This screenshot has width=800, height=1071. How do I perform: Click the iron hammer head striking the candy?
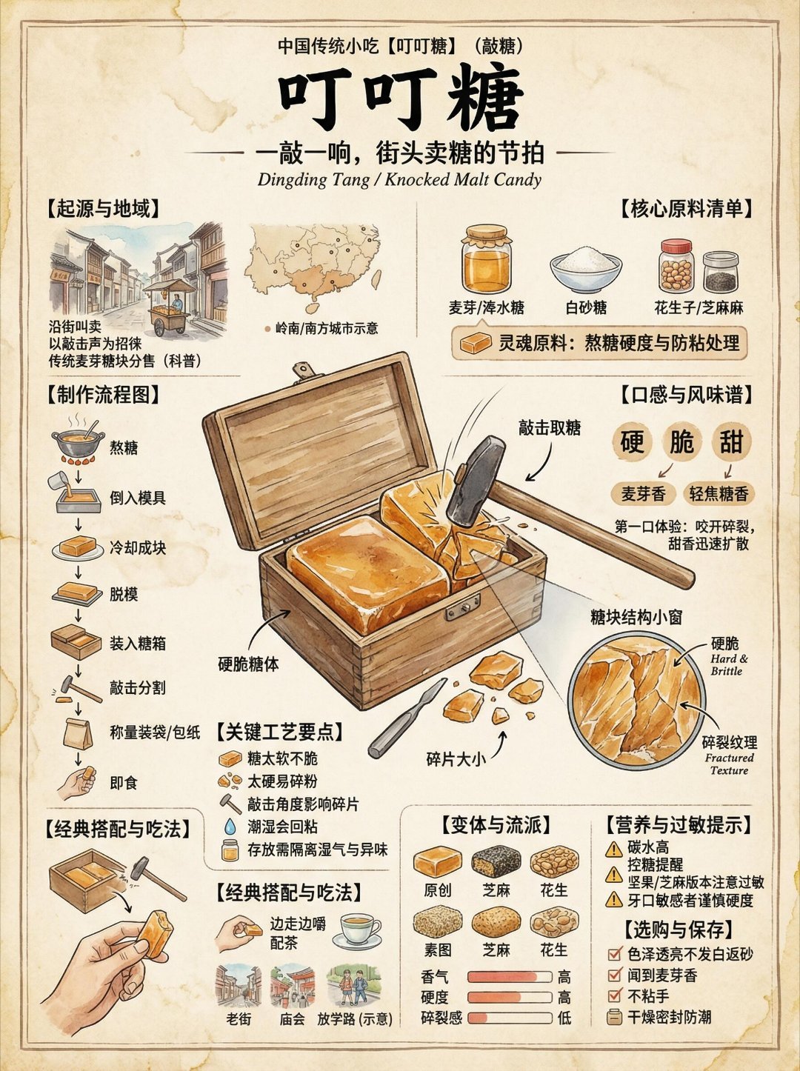(x=476, y=481)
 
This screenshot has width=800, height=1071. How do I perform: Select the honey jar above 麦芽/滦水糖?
(x=487, y=258)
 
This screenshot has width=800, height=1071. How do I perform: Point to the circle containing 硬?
(x=632, y=441)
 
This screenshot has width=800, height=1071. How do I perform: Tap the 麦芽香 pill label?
(x=644, y=494)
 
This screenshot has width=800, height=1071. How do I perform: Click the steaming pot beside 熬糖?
(x=78, y=441)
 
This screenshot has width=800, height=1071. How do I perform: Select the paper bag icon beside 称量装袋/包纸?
(x=77, y=733)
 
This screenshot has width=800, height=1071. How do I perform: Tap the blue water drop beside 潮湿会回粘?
(x=230, y=827)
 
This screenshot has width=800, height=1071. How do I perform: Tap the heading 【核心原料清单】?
(x=686, y=209)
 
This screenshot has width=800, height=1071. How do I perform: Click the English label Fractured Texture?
(x=730, y=764)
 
